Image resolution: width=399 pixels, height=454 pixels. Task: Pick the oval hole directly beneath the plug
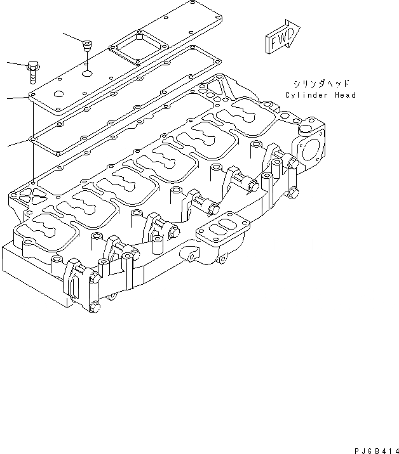click(87, 74)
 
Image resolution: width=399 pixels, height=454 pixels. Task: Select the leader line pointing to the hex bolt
click(17, 63)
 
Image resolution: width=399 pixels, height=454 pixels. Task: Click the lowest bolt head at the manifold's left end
click(95, 309)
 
